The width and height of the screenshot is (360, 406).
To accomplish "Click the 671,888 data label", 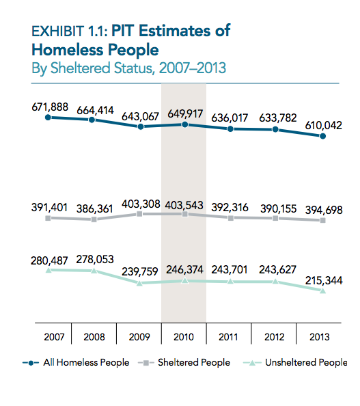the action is pos(50,107).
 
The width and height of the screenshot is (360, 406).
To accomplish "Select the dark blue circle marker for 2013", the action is pos(322,136).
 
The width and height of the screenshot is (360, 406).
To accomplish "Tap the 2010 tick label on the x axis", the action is pos(184,337).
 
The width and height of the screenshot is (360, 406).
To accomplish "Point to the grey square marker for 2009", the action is pos(139,214).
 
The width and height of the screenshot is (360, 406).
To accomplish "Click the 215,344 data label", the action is pos(324,280).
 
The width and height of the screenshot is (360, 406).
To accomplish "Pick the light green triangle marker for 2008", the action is pos(94,271).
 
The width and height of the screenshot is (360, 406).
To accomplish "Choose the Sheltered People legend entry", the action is pos(184,362).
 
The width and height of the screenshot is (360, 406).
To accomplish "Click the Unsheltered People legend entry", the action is pos(295,362).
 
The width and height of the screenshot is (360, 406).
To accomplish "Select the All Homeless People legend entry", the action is pos(76,362).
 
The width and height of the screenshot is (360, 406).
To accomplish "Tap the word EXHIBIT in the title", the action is pos(57,31).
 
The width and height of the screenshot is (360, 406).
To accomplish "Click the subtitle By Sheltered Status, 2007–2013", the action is pos(129,68).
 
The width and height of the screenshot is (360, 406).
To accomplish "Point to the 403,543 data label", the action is pos(184,205).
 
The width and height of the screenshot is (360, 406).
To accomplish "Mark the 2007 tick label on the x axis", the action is pos(54,337).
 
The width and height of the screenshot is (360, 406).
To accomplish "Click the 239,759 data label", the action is pos(140,271).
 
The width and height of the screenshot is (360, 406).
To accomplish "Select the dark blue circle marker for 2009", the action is pos(141,126).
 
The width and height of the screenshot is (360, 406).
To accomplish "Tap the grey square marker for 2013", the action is pos(322,220).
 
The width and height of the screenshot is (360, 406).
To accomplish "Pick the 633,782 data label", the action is pos(278,118).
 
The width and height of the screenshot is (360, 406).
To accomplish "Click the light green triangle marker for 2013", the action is pos(322,290).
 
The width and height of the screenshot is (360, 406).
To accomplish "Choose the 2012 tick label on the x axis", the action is pos(275,337).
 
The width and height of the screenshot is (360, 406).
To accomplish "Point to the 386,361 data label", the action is pos(95,208).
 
